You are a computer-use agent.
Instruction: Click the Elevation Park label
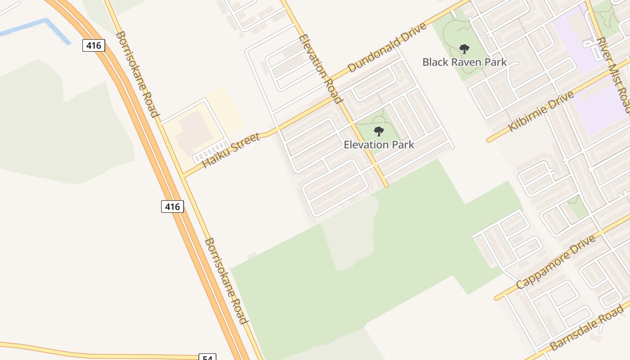click(x=379, y=144)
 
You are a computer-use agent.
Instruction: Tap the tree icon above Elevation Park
click(x=379, y=131)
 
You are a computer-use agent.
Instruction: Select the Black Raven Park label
click(x=464, y=62)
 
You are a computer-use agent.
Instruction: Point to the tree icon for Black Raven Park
click(x=464, y=49)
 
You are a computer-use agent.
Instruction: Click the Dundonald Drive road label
click(x=387, y=48)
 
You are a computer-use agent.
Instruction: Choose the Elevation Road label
click(x=318, y=69)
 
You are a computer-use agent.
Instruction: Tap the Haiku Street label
click(x=231, y=150)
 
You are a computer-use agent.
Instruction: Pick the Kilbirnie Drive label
click(x=541, y=111)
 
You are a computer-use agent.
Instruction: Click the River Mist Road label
click(x=612, y=75)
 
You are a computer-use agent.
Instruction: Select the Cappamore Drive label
click(x=556, y=262)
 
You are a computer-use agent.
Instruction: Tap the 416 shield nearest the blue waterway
click(x=94, y=45)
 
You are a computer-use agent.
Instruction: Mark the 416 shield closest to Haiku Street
click(x=172, y=207)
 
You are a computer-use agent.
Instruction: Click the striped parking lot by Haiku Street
click(x=210, y=152)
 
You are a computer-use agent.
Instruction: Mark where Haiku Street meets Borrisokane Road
click(x=183, y=175)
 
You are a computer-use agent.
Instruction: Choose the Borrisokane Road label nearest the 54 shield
click(x=226, y=281)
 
